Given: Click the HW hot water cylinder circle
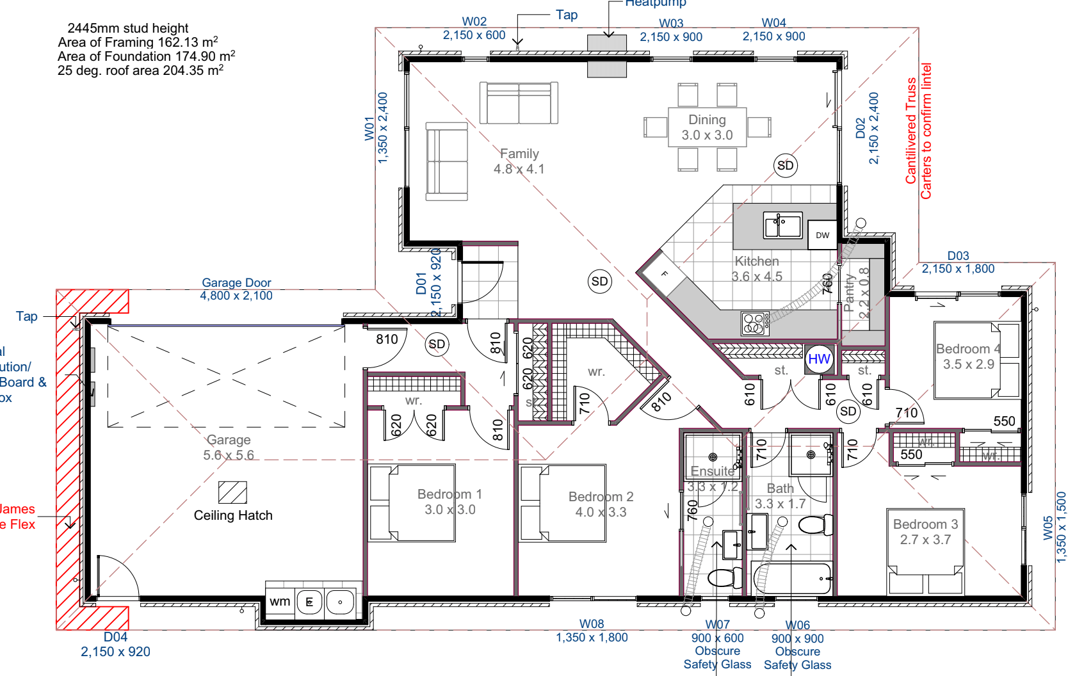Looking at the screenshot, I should [x=819, y=359].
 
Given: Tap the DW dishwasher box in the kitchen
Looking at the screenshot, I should [x=822, y=235].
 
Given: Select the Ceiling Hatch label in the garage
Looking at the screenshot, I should [x=233, y=515].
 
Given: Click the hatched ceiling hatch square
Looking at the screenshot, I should [x=232, y=492].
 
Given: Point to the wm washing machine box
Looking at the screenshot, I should [x=280, y=602].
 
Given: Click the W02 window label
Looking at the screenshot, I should [x=474, y=22].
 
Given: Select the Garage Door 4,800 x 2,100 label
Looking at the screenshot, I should [x=236, y=289].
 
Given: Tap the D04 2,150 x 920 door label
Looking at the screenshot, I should [x=115, y=645].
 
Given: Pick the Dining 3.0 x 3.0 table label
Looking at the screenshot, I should [x=707, y=127].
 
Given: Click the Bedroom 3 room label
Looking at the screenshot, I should [x=925, y=531].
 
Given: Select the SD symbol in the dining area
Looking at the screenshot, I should [x=785, y=166].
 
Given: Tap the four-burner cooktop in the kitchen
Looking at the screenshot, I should [x=754, y=323].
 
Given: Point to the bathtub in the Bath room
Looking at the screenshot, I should [x=793, y=578].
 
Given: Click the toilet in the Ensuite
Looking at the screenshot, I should [x=724, y=578].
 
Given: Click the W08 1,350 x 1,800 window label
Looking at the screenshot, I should [x=592, y=631].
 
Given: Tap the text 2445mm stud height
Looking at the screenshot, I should [x=127, y=28].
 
